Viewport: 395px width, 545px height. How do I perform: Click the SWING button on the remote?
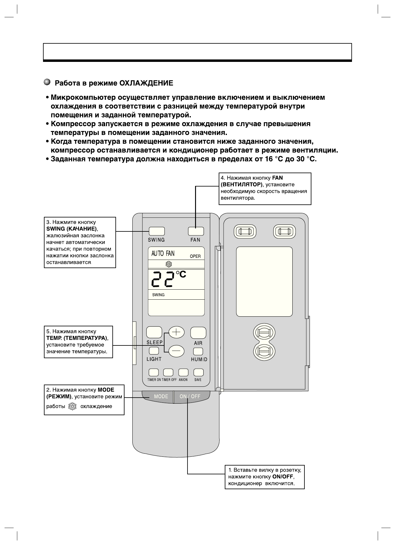point(157,231)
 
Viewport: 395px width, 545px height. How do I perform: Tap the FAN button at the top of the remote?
point(196,231)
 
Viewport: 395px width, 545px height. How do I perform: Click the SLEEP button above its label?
point(154,332)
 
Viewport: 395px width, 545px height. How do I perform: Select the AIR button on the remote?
point(198,333)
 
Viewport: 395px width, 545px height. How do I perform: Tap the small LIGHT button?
point(154,351)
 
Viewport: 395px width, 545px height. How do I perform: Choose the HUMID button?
point(198,351)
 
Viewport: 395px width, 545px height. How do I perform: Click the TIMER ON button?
point(154,372)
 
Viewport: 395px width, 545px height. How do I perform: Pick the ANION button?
point(183,372)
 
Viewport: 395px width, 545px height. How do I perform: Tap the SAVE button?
point(198,372)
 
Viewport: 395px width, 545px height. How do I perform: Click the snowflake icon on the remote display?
point(168,264)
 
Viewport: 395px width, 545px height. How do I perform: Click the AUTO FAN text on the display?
point(163,253)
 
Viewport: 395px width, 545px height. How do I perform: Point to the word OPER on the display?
point(195,256)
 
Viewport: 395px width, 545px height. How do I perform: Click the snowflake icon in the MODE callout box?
point(73,407)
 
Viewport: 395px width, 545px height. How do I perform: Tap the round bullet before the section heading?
point(47,82)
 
